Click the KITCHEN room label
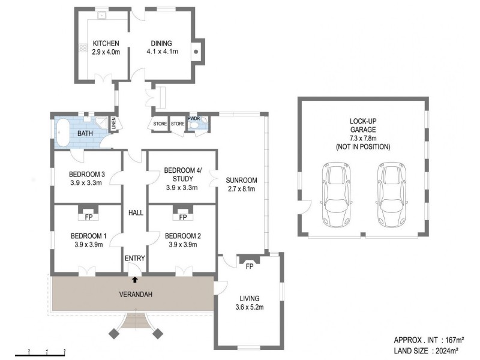pos(106,43)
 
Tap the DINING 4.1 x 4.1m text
pos(162,47)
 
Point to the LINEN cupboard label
pos(114,124)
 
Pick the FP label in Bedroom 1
pos(89,217)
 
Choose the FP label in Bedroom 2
pos(183,217)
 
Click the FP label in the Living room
pos(250,266)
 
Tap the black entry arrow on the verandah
pos(134,279)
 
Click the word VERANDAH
pos(136,295)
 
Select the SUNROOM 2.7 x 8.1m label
pos(242,185)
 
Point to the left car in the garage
pos(336,194)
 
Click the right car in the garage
pos(392,194)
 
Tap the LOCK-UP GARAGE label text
pos(363,125)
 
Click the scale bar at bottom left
pos(40,355)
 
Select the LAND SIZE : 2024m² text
pos(426,350)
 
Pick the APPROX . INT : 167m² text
pos(429,340)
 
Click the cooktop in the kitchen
pos(83,48)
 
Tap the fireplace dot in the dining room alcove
pos(196,52)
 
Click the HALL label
pos(136,213)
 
